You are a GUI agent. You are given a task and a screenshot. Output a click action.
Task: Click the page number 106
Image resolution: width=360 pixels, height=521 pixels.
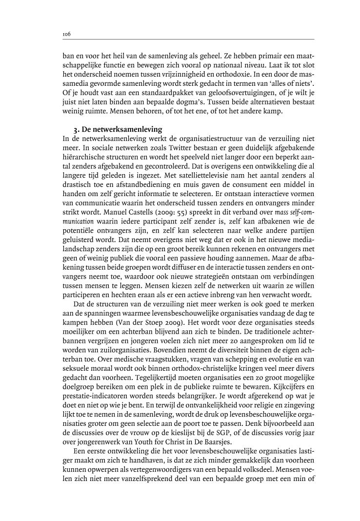click(x=67, y=34)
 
